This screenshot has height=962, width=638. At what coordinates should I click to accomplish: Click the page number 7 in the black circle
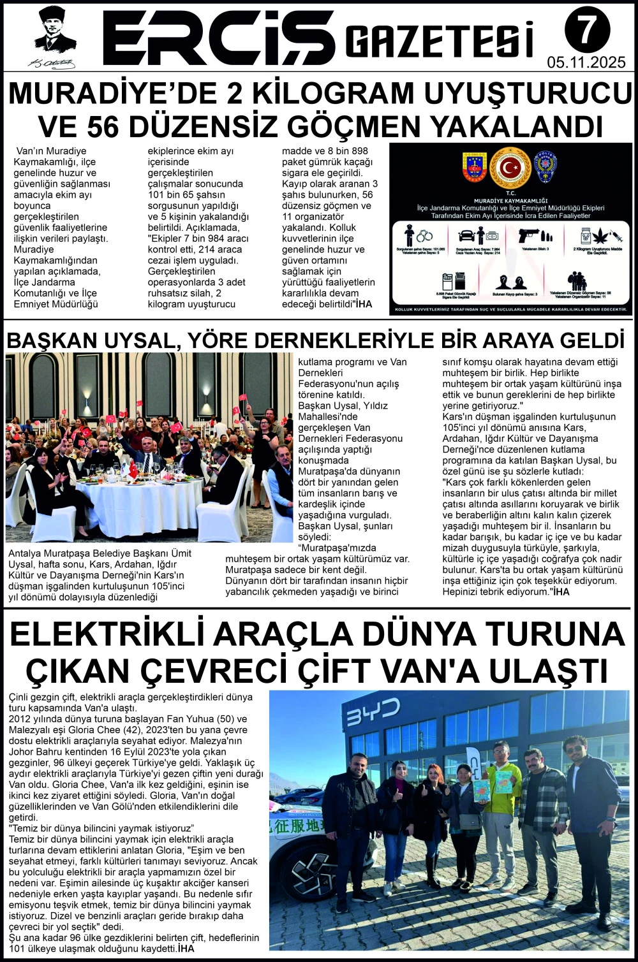(x=587, y=30)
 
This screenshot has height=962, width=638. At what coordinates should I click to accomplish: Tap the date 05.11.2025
(x=587, y=62)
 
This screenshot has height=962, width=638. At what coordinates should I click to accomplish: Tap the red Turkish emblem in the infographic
(x=510, y=167)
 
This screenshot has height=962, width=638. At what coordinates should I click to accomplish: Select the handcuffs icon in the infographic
(x=425, y=235)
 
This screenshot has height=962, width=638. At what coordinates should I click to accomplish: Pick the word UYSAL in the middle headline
(x=133, y=339)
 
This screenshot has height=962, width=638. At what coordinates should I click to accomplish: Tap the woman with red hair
(x=433, y=822)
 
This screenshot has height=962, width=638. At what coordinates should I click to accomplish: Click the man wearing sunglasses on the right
(x=591, y=829)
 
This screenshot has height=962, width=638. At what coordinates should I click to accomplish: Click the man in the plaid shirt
(x=539, y=822)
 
